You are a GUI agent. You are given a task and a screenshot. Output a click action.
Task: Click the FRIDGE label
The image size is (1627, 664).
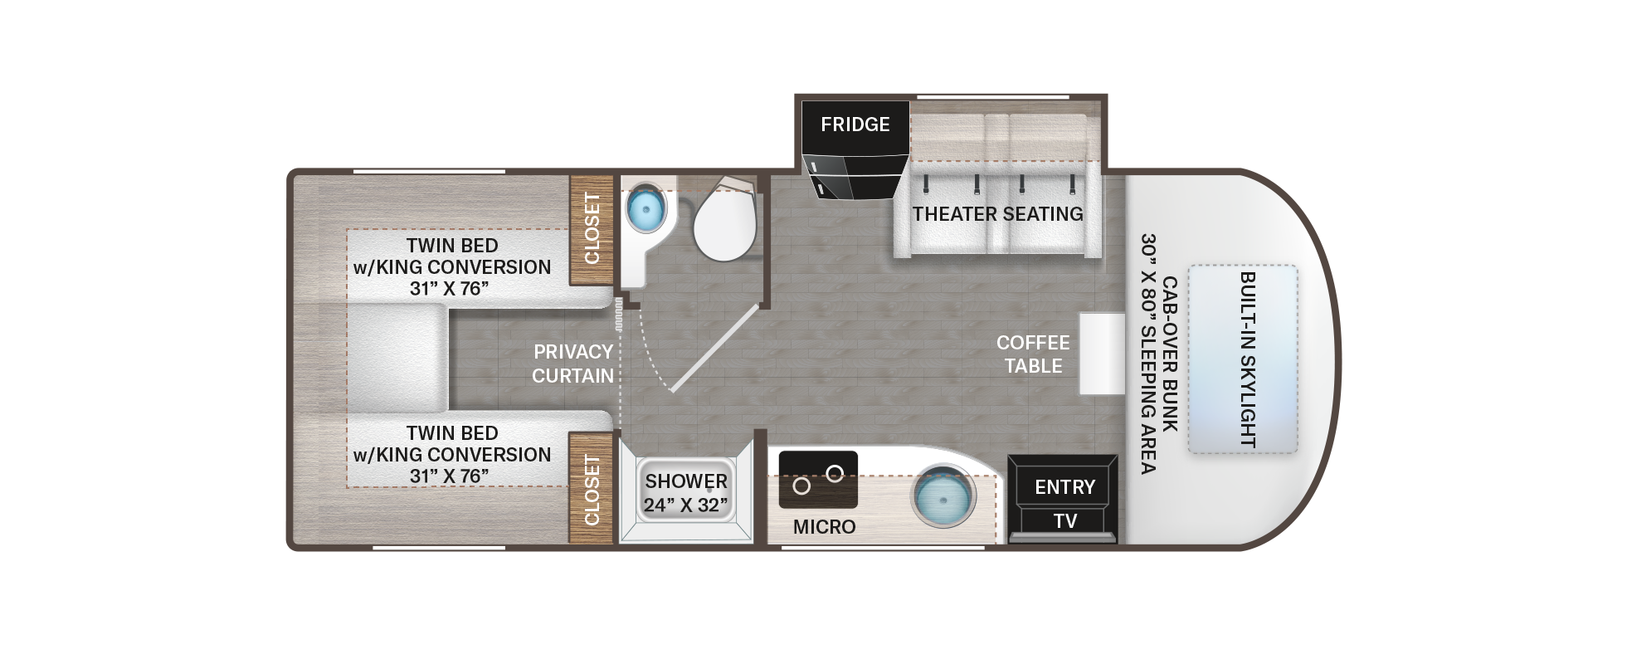[x=855, y=124]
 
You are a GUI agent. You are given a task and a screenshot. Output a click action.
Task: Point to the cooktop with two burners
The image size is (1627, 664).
[x=818, y=480]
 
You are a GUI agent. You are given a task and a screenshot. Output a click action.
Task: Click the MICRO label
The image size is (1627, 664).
[x=824, y=527]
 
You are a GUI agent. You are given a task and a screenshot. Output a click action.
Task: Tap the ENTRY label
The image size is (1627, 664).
[x=1064, y=487]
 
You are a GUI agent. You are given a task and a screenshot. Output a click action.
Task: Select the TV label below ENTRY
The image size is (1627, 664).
[x=1064, y=521]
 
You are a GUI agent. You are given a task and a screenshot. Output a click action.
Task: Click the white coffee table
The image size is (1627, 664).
[x=1102, y=354]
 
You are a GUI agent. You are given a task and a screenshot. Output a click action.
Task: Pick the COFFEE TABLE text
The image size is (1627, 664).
[x=1033, y=354]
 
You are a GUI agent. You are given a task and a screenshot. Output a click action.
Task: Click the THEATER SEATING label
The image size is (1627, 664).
[x=998, y=214]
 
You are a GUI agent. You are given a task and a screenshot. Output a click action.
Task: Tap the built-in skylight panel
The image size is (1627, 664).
[x=1242, y=359]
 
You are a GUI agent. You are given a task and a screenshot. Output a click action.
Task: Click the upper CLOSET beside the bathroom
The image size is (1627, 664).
[x=592, y=229]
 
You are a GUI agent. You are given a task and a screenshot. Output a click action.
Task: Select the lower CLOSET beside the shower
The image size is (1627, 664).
[x=592, y=488]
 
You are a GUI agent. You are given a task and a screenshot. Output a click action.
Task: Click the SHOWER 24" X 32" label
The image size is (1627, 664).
[x=686, y=493]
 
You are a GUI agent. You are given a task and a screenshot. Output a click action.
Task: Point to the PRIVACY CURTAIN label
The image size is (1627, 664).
[x=572, y=364]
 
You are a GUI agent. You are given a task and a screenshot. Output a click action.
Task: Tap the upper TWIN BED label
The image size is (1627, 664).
[x=452, y=267]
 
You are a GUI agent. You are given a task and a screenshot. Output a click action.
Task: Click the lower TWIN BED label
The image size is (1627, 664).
[x=452, y=455]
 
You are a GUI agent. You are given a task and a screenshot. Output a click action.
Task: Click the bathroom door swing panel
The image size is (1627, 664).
[x=714, y=348]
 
